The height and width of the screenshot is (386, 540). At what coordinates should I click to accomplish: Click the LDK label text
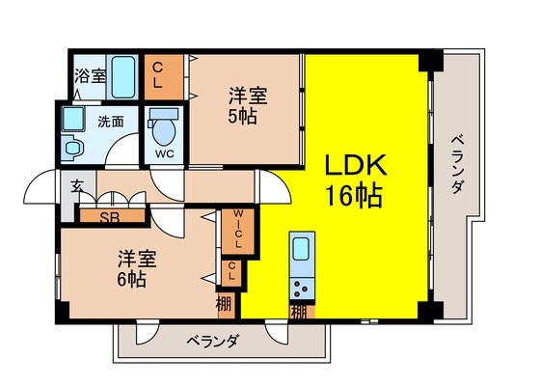(356, 165)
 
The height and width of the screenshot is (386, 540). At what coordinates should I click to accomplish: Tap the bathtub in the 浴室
(122, 77)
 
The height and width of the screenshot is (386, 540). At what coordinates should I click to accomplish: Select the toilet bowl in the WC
(164, 131)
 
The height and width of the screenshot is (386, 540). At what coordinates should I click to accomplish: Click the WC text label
(164, 154)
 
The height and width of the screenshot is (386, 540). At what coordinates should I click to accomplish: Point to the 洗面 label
(111, 122)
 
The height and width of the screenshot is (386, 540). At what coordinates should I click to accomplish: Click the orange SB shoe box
(112, 216)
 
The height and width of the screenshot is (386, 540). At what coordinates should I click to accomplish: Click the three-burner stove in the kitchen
(302, 289)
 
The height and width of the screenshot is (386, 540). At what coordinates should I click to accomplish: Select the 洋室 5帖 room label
(247, 105)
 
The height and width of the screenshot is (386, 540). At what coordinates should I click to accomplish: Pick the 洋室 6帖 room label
(137, 268)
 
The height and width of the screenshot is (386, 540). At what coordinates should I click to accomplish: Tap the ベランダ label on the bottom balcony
(212, 342)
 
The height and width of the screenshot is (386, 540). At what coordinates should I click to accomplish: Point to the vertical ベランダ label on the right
(458, 164)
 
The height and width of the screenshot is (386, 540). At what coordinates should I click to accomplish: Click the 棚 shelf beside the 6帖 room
(227, 305)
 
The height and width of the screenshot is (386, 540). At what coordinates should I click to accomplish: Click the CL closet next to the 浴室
(163, 77)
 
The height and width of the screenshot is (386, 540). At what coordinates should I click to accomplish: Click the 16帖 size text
(355, 196)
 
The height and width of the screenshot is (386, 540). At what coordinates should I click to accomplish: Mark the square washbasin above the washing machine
(72, 119)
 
